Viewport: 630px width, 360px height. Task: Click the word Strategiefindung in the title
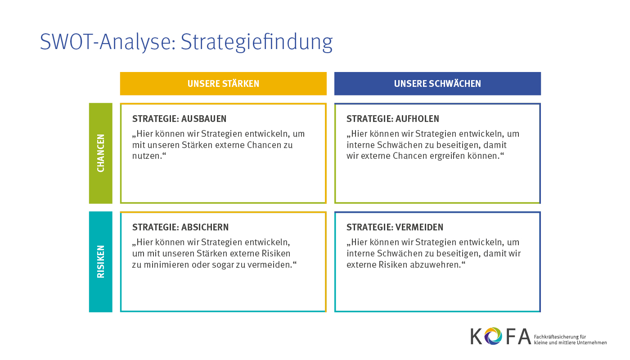click(256, 42)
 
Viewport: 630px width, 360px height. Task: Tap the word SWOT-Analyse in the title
click(108, 42)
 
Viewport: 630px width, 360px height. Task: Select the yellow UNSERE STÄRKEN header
click(223, 84)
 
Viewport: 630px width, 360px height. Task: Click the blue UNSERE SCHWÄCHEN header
click(437, 84)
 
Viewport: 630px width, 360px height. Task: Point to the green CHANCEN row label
click(101, 153)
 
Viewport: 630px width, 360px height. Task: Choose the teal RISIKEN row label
click(101, 261)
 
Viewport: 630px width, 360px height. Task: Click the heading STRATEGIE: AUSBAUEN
click(179, 119)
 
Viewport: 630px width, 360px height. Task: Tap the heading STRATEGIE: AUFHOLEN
click(392, 119)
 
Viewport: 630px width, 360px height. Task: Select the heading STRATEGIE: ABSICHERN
click(180, 227)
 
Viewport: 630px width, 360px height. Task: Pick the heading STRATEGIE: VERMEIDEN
click(395, 227)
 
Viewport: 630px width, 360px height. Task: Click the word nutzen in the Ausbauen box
click(146, 156)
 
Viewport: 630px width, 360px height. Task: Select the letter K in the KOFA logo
click(477, 337)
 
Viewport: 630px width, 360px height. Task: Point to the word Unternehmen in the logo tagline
click(591, 342)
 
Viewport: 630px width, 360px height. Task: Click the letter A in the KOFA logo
click(525, 337)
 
